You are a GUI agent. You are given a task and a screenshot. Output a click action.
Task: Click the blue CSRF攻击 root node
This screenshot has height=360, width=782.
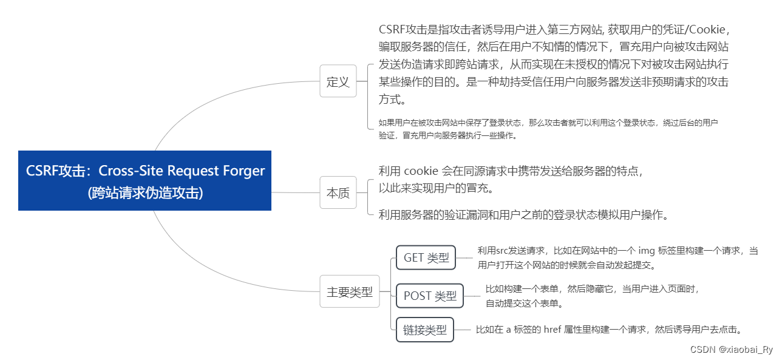click(x=144, y=181)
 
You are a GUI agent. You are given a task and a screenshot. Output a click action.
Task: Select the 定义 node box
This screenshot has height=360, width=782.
click(x=338, y=82)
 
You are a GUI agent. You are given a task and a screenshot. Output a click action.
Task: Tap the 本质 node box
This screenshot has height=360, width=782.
click(x=338, y=193)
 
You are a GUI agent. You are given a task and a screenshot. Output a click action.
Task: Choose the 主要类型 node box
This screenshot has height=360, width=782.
click(x=350, y=292)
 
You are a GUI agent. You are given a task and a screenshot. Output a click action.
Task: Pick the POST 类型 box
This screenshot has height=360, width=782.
click(x=430, y=296)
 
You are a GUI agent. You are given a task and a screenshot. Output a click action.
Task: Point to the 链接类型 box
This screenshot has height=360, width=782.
click(x=425, y=330)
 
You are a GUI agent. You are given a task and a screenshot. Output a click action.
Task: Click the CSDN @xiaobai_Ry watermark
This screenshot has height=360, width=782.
click(x=732, y=350)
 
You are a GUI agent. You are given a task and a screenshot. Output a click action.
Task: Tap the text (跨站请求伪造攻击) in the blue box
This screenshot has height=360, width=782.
click(x=144, y=193)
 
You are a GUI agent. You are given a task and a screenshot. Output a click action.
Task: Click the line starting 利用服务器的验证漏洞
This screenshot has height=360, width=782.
click(x=523, y=214)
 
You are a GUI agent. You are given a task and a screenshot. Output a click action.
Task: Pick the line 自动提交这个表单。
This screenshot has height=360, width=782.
click(x=525, y=304)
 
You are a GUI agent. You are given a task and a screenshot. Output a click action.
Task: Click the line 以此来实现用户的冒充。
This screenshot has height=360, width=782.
click(x=435, y=188)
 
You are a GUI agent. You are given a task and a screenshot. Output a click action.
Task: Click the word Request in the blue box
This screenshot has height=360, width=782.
click(x=195, y=171)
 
